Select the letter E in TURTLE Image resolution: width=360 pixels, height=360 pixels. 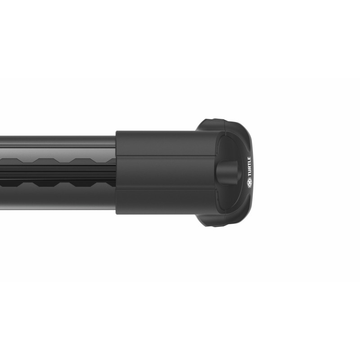[x=249, y=158]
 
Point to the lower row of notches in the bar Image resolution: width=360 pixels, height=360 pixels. [x=67, y=183]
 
